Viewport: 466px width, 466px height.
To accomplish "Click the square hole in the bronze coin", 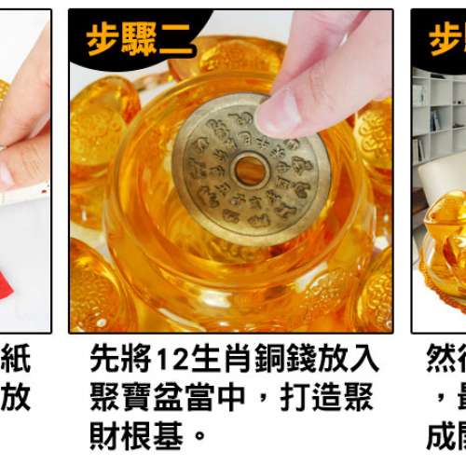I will pyautogui.click(x=249, y=170).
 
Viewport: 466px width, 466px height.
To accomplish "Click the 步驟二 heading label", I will pyautogui.click(x=140, y=39).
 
